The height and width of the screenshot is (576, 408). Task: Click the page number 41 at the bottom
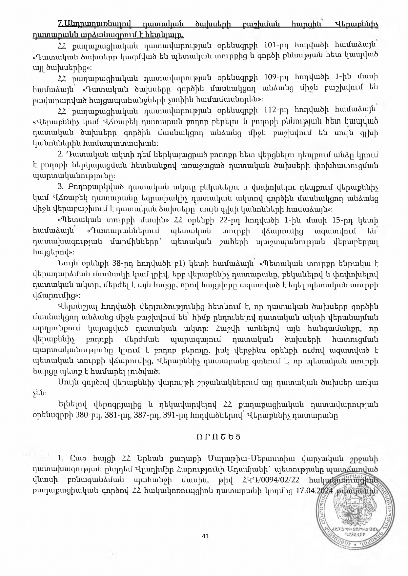point(206,536)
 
